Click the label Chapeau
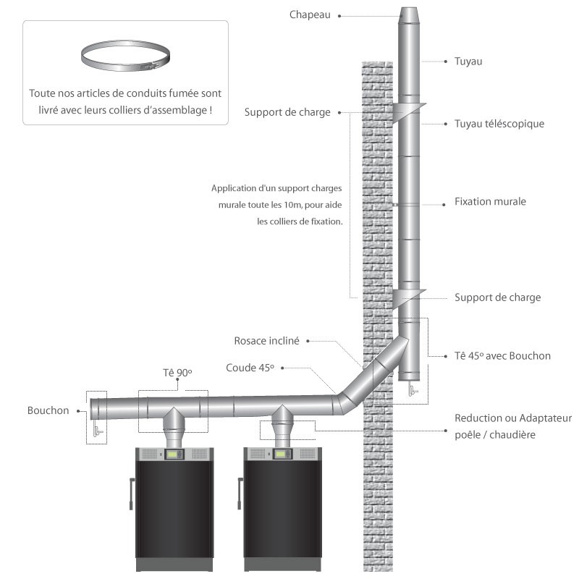point(310,14)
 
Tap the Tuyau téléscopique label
point(499,124)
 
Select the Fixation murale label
point(490,201)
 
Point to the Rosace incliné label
point(267,340)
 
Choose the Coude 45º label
point(250,368)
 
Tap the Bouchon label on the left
point(48,410)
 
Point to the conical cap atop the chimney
point(408,14)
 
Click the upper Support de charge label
point(287,112)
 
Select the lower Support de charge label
point(497,297)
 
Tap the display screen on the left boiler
point(174,455)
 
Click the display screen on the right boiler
point(282,455)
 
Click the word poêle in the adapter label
point(468,434)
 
